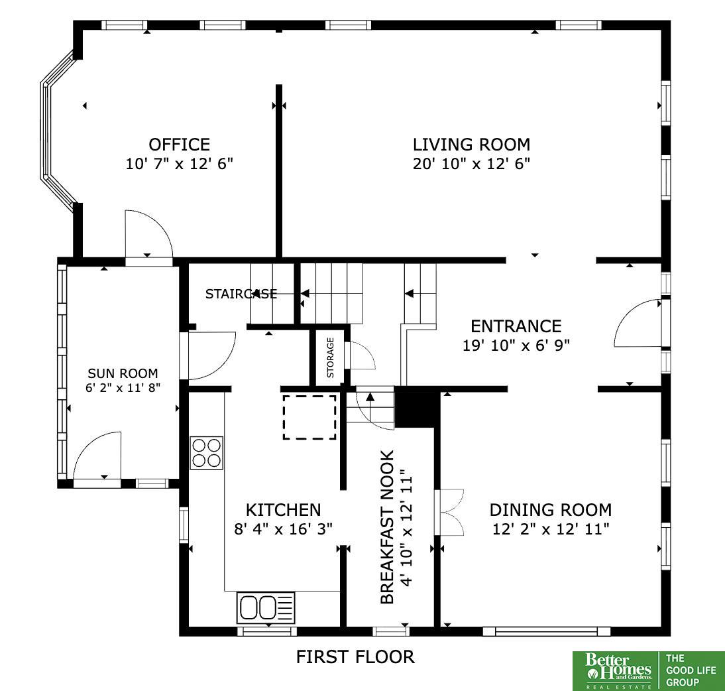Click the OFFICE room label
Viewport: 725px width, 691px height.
click(180, 145)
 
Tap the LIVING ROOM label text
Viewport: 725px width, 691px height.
click(471, 145)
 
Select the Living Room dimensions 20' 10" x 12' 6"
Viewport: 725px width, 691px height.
click(471, 163)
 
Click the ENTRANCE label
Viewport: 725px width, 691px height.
click(516, 326)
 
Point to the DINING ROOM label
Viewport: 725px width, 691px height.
click(550, 509)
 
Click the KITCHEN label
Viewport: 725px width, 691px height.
click(283, 509)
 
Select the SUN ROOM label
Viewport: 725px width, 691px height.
click(123, 373)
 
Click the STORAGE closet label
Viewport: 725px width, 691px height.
click(330, 357)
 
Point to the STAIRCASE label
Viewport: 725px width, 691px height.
click(241, 294)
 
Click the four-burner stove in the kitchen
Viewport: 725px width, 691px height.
click(206, 453)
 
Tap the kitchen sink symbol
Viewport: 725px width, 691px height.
click(266, 607)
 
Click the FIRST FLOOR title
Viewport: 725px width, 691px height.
click(355, 657)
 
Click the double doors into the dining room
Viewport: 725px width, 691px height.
click(449, 513)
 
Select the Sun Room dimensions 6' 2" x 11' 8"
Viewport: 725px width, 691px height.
click(123, 388)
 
